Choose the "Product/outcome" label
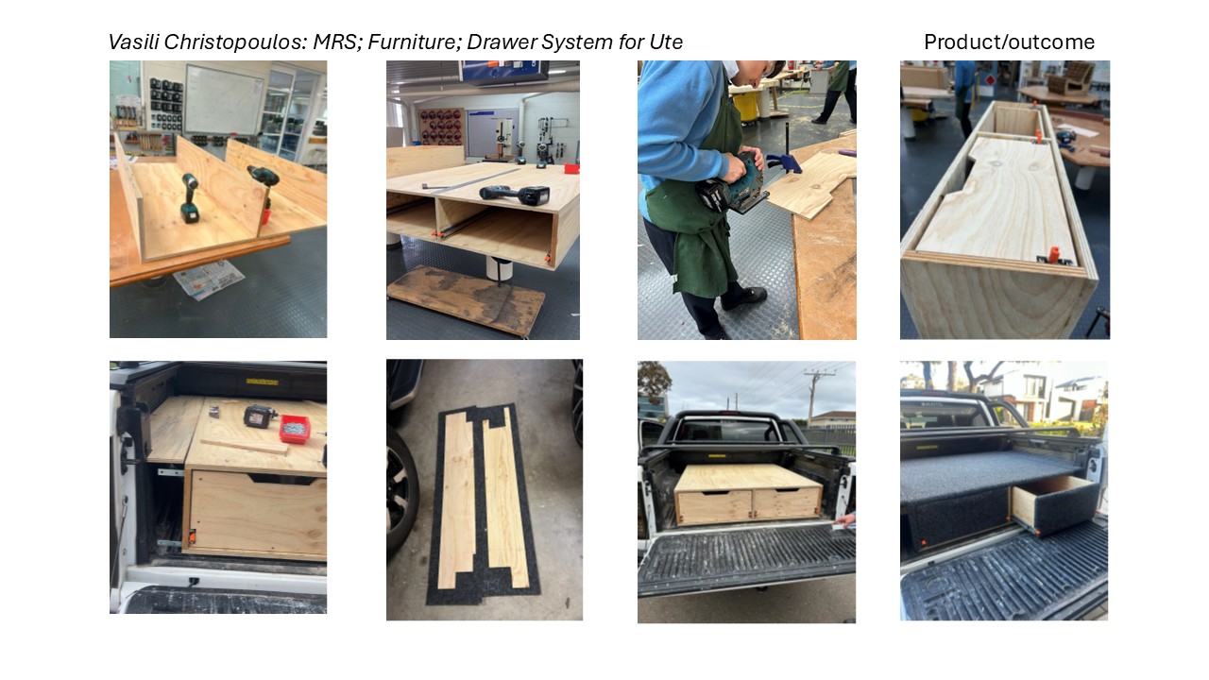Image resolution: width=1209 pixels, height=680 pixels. click(1009, 42)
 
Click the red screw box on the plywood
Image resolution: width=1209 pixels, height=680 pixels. click(295, 429)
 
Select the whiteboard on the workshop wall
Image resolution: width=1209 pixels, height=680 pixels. click(224, 100)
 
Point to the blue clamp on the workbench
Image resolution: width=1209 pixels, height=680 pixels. click(784, 161)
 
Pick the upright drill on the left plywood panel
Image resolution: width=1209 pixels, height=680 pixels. click(190, 197)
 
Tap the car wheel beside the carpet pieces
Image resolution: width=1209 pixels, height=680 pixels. click(401, 492)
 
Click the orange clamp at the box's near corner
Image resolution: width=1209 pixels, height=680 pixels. click(1052, 253)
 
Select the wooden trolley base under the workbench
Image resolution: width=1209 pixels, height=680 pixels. click(467, 300)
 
